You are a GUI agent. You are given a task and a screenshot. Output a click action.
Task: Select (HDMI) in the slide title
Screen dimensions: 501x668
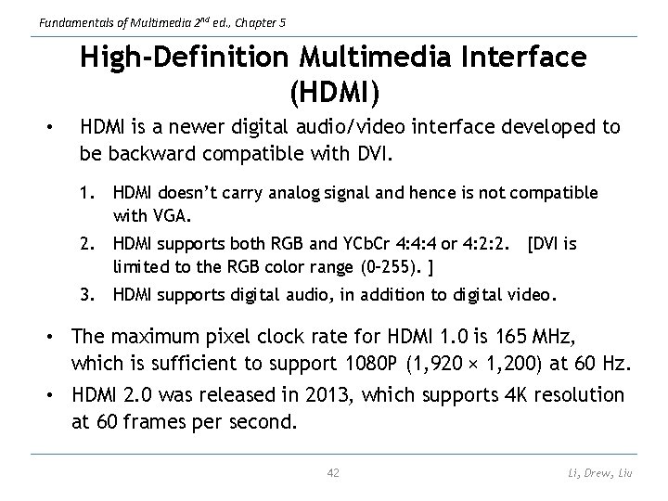point(334,92)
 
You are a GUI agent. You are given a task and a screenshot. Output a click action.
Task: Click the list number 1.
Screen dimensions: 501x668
point(89,193)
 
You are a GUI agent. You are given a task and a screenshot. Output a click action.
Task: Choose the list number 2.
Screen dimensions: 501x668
point(89,244)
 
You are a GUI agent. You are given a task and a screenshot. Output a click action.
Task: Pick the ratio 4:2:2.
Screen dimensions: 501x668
point(486,244)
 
